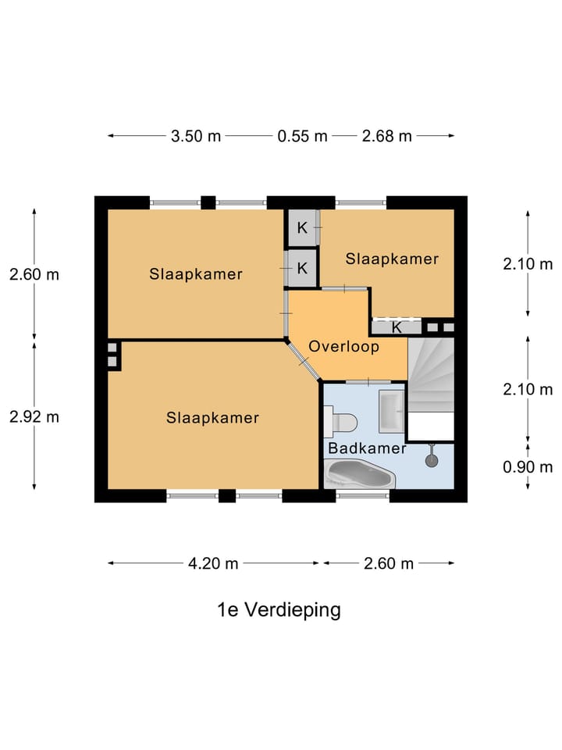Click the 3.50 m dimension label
[x=196, y=136]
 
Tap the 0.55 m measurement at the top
[x=302, y=136]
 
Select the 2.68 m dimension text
[x=386, y=136]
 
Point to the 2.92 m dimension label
[x=34, y=416]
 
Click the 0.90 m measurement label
[x=528, y=467]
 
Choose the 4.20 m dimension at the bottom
[x=213, y=563]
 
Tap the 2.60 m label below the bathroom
[x=388, y=563]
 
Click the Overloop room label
[x=343, y=346]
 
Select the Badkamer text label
[x=367, y=448]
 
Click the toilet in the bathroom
[x=341, y=423]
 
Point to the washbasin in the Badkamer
[x=390, y=410]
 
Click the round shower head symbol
[x=432, y=461]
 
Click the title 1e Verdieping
[x=279, y=610]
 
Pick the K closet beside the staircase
[x=397, y=327]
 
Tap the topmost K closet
[x=301, y=229]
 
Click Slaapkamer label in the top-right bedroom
[x=393, y=259]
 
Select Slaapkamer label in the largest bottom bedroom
[x=212, y=418]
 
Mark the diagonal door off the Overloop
[x=304, y=362]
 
